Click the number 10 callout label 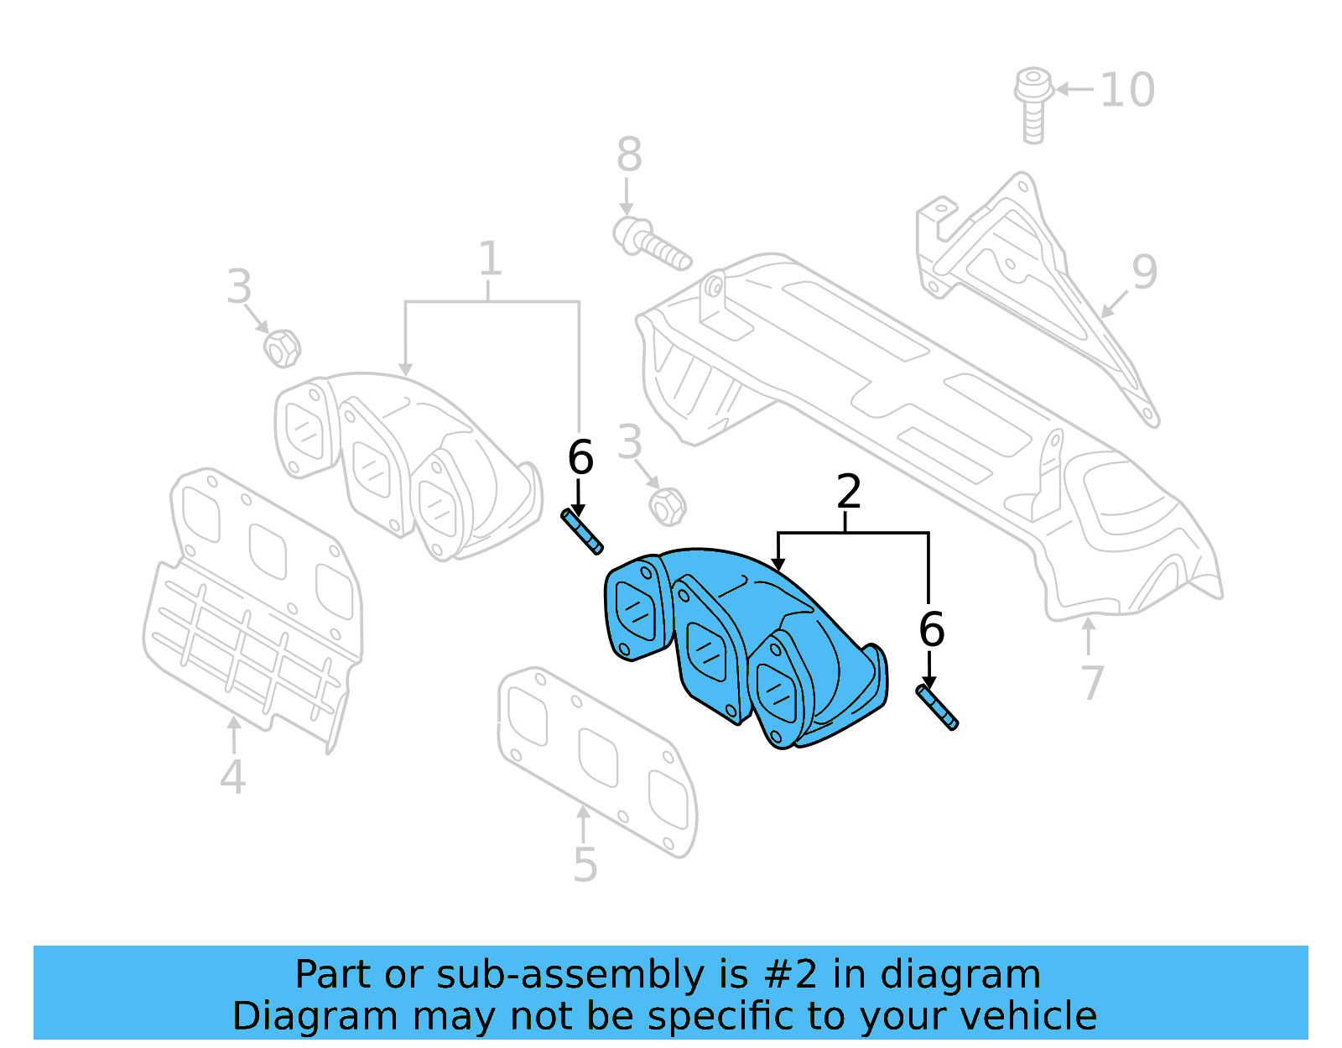click(x=1127, y=90)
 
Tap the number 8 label click(x=629, y=155)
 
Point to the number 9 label click(x=1144, y=272)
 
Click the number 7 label click(x=1091, y=682)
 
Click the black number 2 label click(x=849, y=492)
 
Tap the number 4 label click(x=232, y=777)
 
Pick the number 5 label click(x=585, y=864)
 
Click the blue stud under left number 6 click(x=582, y=532)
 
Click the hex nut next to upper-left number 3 click(x=282, y=347)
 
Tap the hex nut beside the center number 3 click(x=668, y=506)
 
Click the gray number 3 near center click(x=629, y=443)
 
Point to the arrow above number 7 click(x=1089, y=634)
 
